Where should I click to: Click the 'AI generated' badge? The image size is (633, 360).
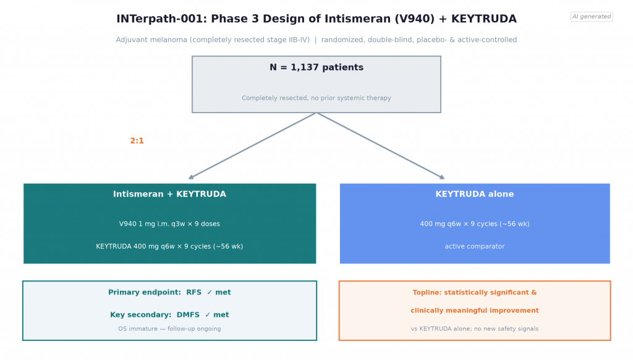click(x=592, y=17)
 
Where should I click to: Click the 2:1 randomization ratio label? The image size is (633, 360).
click(x=137, y=140)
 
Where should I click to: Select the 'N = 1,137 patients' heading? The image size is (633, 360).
click(x=316, y=67)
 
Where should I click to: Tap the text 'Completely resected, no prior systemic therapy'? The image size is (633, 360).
click(x=316, y=98)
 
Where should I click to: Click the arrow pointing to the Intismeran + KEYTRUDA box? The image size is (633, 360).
click(x=252, y=146)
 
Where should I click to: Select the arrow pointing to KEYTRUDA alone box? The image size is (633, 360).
click(x=381, y=146)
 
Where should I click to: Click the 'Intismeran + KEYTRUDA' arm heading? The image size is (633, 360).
click(x=169, y=194)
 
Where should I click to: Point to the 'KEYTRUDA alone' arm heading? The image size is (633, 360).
click(x=475, y=194)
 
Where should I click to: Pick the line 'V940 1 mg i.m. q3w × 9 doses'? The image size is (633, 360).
click(x=169, y=224)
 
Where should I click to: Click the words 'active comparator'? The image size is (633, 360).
click(x=475, y=246)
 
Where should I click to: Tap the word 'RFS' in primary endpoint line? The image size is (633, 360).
click(x=193, y=292)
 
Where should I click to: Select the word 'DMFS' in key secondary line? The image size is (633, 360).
click(x=188, y=315)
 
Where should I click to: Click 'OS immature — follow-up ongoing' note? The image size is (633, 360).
click(x=169, y=328)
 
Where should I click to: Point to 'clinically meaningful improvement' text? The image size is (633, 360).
click(x=475, y=311)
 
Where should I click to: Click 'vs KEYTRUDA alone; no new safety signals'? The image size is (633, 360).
click(x=475, y=328)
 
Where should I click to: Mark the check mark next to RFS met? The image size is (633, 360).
click(x=210, y=292)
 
